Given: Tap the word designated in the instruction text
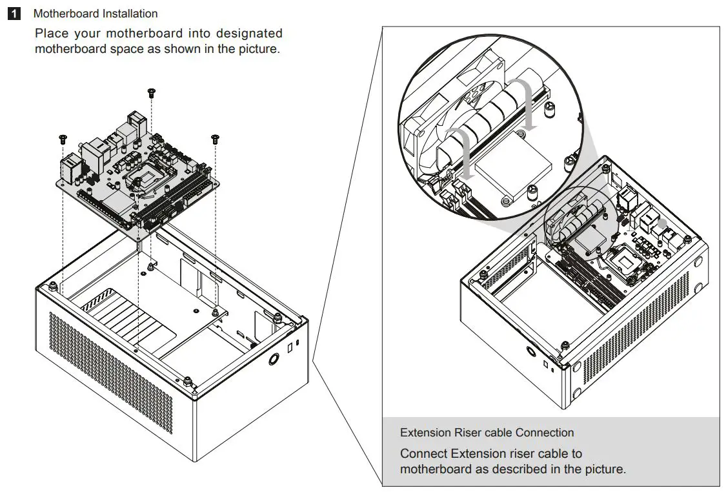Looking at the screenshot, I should pyautogui.click(x=249, y=33).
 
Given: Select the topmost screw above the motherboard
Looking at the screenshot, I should pyautogui.click(x=151, y=92).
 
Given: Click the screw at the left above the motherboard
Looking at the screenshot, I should pyautogui.click(x=63, y=138).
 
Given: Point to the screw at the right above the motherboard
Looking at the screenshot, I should pyautogui.click(x=214, y=138).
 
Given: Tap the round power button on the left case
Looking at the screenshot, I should pyautogui.click(x=274, y=359).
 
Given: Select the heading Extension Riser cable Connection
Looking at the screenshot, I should pyautogui.click(x=487, y=433).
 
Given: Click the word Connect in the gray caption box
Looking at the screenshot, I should pyautogui.click(x=423, y=453).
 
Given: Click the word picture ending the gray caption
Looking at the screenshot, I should pyautogui.click(x=604, y=469).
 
